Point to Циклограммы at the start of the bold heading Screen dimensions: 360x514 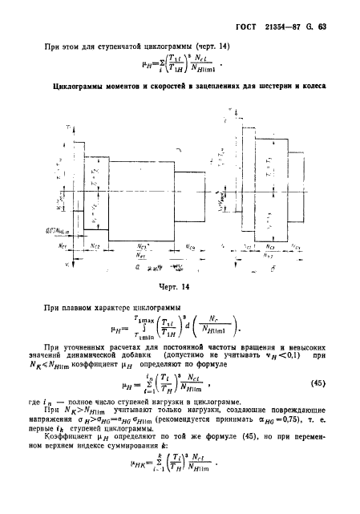point(75,86)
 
